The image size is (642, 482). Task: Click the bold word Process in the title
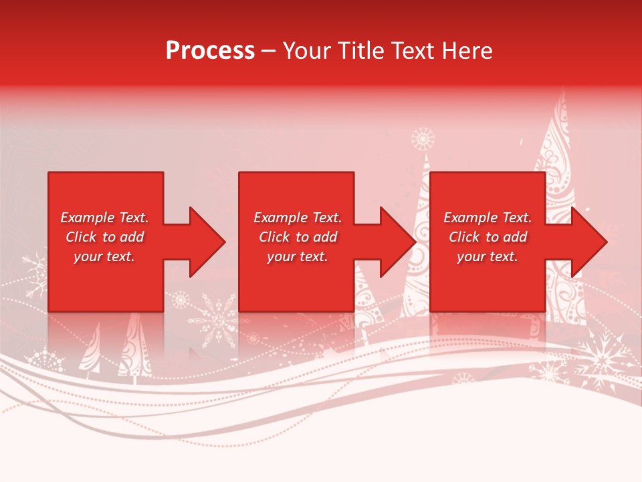tap(210, 51)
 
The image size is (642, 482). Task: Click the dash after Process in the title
tap(268, 52)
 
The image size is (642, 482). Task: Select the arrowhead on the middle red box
tap(397, 242)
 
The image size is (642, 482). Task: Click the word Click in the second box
tap(273, 237)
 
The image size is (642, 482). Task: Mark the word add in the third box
tap(515, 237)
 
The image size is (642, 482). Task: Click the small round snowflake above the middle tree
tap(423, 139)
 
